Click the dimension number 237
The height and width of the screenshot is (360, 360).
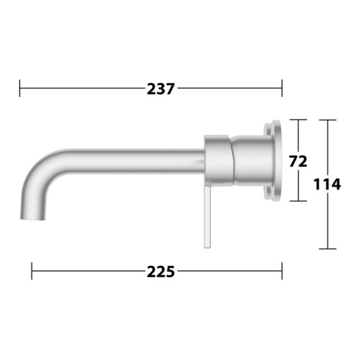[160, 90]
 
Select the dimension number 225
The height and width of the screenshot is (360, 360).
[161, 272]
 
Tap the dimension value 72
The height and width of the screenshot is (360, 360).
[298, 160]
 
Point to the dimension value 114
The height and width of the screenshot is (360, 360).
[327, 184]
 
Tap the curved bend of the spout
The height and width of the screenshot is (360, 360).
[40, 173]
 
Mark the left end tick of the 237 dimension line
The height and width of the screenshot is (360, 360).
[20, 90]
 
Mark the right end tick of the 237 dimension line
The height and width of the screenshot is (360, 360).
[281, 90]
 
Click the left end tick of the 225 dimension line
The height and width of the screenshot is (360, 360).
[32, 272]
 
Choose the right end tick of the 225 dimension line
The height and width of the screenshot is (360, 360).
[281, 272]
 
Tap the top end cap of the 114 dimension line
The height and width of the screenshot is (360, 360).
[327, 120]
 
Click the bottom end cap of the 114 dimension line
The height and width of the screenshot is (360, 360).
[327, 248]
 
